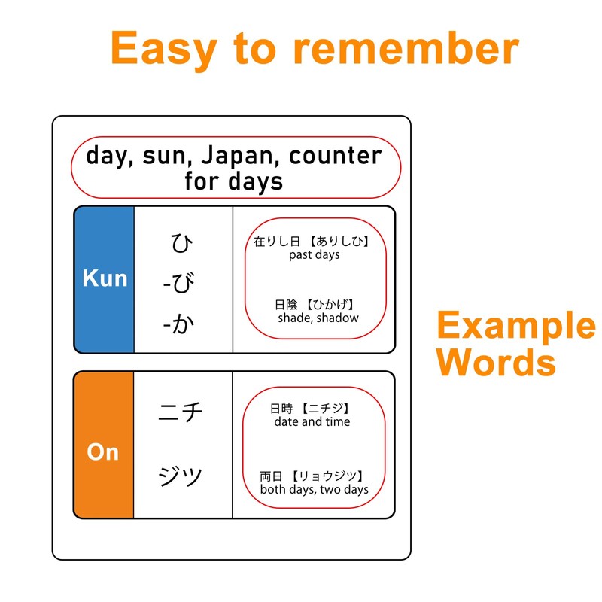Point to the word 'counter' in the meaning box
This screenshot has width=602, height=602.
pos(336,156)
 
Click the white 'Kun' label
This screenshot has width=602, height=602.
pos(105,278)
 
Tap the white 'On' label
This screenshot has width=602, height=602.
pos(103,451)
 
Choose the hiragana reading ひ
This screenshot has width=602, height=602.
pos(181,244)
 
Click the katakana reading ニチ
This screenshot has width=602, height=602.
pos(181,412)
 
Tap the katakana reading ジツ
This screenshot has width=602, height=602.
pos(181,476)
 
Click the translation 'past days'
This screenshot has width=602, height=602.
pos(314,255)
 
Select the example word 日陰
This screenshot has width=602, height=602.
pos(286,305)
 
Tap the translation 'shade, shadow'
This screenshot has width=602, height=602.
pos(318,318)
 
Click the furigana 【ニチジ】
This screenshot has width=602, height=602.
pos(326,409)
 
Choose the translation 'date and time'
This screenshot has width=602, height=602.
pos(312,422)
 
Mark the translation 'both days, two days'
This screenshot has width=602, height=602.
pos(314,490)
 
